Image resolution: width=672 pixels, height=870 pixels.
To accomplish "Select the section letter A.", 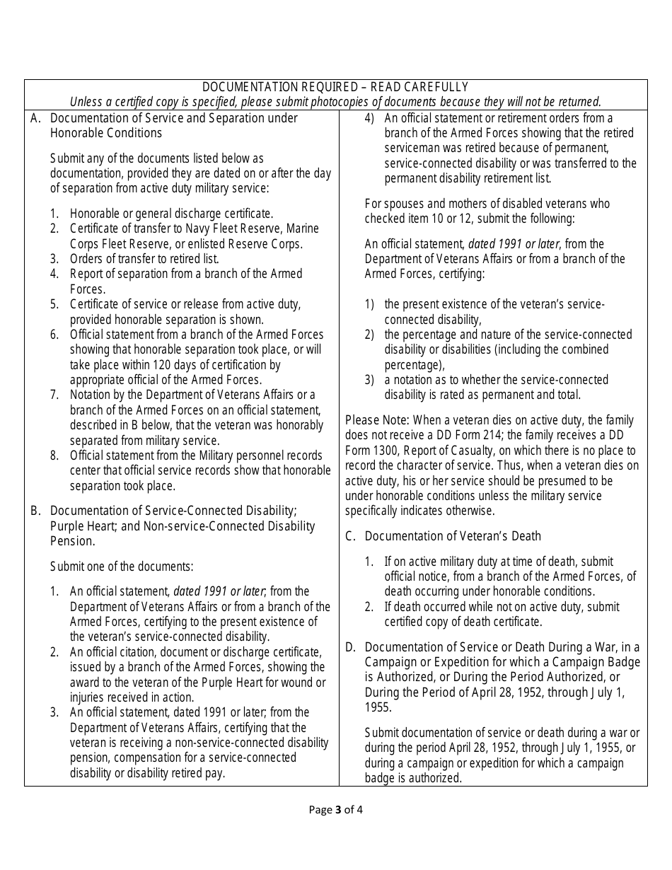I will click(35, 118).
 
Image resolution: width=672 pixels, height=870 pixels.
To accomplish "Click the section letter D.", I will click(349, 646).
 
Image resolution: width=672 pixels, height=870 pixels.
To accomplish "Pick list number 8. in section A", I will click(54, 456).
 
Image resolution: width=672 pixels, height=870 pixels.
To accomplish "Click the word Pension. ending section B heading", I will click(72, 541).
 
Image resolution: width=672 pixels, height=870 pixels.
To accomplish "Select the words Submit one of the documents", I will click(122, 566).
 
